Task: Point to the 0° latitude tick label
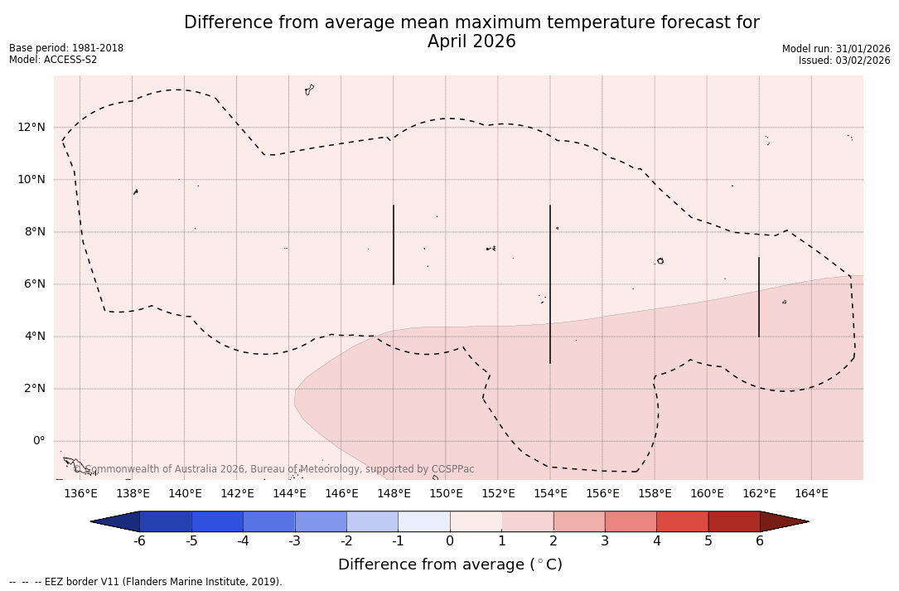coord(38,441)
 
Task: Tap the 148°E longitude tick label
coord(394,494)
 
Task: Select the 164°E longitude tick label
coord(811,494)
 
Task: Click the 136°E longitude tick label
coord(80,494)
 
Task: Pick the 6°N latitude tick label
coord(35,284)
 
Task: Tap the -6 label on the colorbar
coord(140,541)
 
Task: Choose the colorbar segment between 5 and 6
coord(733,521)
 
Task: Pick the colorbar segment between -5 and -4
coord(217,521)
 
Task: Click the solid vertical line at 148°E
coord(394,245)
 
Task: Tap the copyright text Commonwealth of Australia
coord(166,469)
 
